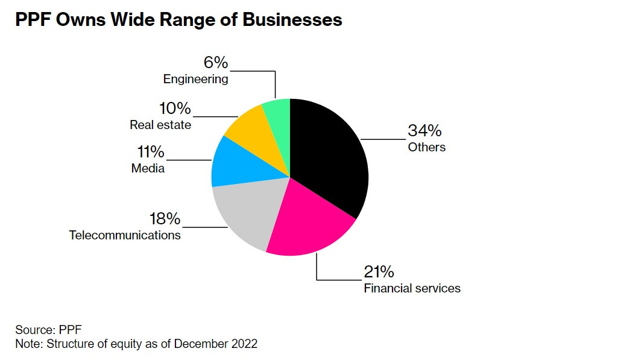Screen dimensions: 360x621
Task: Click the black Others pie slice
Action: [332, 157]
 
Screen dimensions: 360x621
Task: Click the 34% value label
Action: [425, 130]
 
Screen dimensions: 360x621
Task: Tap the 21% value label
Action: [380, 272]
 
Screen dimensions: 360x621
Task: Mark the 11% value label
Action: [151, 152]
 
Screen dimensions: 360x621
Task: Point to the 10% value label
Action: [175, 109]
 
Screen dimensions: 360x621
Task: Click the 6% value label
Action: [215, 63]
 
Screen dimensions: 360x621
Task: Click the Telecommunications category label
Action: [125, 235]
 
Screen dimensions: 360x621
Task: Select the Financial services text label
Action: [412, 288]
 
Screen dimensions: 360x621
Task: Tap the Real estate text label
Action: [160, 125]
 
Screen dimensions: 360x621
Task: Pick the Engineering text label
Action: [195, 79]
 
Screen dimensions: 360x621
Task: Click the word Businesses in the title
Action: [292, 20]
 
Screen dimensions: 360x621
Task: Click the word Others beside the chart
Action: [426, 147]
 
